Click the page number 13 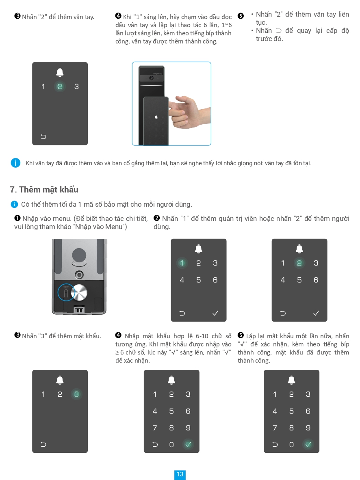pyautogui.click(x=180, y=474)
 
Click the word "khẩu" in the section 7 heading pyautogui.click(x=69, y=190)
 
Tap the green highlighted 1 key pyautogui.click(x=182, y=263)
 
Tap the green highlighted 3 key pyautogui.click(x=76, y=394)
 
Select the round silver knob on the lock pyautogui.click(x=79, y=292)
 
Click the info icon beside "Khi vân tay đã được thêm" pyautogui.click(x=15, y=163)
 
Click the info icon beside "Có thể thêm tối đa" pyautogui.click(x=14, y=204)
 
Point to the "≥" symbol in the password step pyautogui.click(x=117, y=352)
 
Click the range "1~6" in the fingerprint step pyautogui.click(x=226, y=25)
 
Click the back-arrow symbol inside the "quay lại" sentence pyautogui.click(x=278, y=30)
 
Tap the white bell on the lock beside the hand pyautogui.click(x=156, y=117)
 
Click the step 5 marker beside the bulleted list pyautogui.click(x=241, y=16)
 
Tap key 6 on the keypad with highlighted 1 pyautogui.click(x=215, y=280)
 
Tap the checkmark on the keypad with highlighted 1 pyautogui.click(x=215, y=313)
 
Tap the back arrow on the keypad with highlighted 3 pyautogui.click(x=43, y=445)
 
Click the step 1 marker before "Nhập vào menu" pyautogui.click(x=17, y=218)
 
